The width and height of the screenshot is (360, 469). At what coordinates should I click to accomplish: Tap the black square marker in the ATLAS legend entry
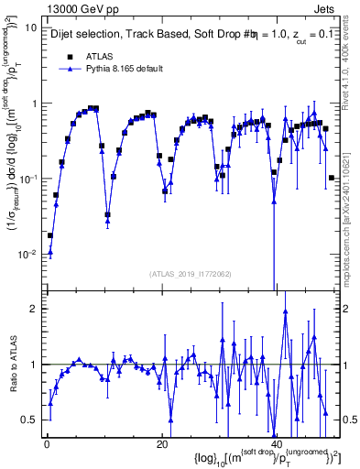(70, 56)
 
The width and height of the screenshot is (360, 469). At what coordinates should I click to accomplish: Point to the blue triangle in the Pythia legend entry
(70, 69)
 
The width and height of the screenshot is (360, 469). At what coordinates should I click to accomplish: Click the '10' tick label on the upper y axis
(31, 27)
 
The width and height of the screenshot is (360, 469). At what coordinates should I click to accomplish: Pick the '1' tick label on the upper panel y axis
(35, 103)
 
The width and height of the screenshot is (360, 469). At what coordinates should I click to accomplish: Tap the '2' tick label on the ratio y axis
(35, 309)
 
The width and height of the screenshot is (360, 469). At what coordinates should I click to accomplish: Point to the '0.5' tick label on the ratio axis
(30, 420)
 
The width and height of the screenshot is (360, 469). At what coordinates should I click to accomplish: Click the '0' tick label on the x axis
(46, 444)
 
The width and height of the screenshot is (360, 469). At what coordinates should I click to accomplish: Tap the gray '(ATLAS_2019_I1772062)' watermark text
(190, 273)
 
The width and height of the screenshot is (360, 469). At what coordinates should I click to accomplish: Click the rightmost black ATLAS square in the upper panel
(332, 178)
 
